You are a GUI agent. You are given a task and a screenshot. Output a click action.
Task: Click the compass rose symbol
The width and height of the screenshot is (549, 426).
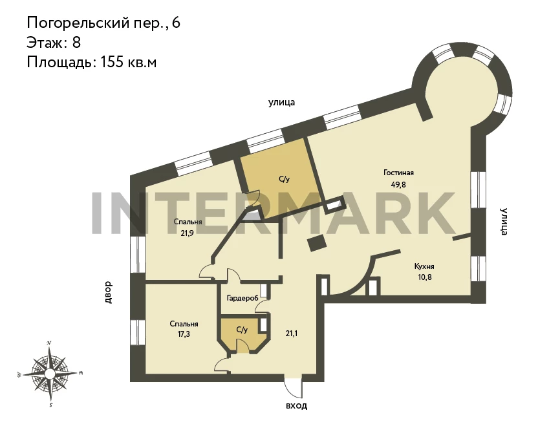pyautogui.click(x=50, y=374)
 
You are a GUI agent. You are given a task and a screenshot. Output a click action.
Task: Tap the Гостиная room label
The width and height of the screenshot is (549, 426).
pyautogui.click(x=398, y=173)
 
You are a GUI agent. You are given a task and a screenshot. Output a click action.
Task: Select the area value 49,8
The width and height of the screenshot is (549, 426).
pyautogui.click(x=398, y=184)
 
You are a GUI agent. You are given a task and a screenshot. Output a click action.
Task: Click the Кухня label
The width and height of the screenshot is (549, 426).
pyautogui.click(x=424, y=266)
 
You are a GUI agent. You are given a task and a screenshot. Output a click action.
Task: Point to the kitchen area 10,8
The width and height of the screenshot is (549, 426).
pyautogui.click(x=424, y=277)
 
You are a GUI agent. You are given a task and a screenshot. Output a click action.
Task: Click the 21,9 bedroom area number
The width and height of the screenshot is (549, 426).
pyautogui.click(x=188, y=233)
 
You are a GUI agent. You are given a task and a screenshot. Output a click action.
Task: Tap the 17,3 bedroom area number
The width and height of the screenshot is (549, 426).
pyautogui.click(x=184, y=334)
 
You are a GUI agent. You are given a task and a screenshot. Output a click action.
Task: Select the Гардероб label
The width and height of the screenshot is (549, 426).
pyautogui.click(x=242, y=298)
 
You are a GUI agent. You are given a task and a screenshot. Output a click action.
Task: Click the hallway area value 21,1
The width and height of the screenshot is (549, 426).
pyautogui.click(x=291, y=334)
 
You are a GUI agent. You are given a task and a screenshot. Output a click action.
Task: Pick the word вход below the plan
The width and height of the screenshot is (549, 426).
pyautogui.click(x=297, y=406)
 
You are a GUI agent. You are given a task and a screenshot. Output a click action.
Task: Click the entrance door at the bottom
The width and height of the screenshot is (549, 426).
pyautogui.click(x=293, y=387)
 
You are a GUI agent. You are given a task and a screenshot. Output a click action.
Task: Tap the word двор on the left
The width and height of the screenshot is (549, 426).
pyautogui.click(x=108, y=292)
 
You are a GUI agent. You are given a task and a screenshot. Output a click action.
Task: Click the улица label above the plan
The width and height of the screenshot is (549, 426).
pyautogui.click(x=281, y=103)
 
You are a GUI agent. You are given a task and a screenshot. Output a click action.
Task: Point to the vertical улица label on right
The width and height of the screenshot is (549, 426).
pyautogui.click(x=504, y=222)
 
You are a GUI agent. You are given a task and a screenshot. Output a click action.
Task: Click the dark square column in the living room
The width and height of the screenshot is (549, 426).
pyautogui.click(x=317, y=242)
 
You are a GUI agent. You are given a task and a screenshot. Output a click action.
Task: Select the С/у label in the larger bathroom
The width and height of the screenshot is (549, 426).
pyautogui.click(x=285, y=179)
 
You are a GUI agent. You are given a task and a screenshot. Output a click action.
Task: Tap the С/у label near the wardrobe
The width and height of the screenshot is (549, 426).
pyautogui.click(x=242, y=330)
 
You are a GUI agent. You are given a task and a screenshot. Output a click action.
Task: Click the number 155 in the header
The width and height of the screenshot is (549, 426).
pyautogui.click(x=112, y=62)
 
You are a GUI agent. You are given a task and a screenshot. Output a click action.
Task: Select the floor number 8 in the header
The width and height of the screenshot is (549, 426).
pyautogui.click(x=77, y=43)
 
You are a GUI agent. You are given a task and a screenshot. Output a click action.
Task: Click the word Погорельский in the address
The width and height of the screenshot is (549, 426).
pyautogui.click(x=79, y=23)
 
